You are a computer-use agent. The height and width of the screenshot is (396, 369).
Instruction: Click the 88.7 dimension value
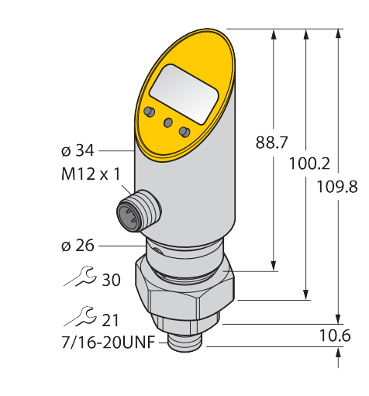point(271,143)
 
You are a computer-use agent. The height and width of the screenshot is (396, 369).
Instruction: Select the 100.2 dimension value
point(309,164)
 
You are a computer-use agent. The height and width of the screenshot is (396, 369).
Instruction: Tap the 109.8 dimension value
point(337,187)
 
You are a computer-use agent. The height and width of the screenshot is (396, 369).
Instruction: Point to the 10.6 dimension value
point(335,336)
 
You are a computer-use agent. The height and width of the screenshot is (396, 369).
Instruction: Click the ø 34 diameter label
point(78,150)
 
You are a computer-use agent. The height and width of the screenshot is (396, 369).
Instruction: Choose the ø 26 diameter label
point(78,246)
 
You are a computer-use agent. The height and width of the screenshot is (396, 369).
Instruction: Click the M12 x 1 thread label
point(91,174)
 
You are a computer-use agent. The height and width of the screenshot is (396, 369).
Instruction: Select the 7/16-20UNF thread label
point(109,343)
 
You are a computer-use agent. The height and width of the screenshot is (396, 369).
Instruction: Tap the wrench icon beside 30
point(80,277)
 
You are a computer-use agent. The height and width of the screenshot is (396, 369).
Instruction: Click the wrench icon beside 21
point(80,316)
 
